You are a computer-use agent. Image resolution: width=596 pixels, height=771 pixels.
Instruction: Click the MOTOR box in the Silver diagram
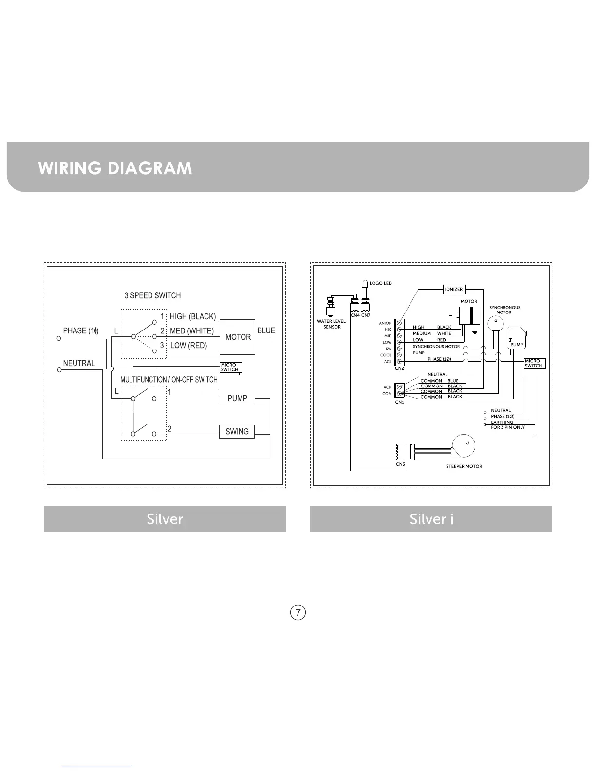(x=238, y=337)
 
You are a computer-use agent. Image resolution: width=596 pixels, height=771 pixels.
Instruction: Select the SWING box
(x=237, y=431)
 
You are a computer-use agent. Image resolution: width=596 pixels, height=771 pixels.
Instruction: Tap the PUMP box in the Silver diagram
(x=237, y=398)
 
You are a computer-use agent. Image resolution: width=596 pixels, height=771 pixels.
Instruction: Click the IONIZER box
(x=454, y=289)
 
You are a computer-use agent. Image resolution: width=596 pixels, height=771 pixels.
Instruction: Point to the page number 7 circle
(x=298, y=612)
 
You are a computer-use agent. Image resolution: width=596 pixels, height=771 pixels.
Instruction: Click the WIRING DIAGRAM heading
(x=115, y=168)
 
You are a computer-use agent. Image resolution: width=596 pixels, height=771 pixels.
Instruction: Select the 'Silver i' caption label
(x=431, y=519)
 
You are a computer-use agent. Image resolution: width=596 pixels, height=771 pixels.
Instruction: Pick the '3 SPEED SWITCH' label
(x=152, y=295)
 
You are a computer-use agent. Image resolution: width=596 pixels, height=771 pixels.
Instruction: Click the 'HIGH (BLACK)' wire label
(x=192, y=316)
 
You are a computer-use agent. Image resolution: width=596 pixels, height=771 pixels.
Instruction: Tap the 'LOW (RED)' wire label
(x=188, y=346)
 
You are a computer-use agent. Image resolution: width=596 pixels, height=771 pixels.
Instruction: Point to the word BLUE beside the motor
(x=266, y=330)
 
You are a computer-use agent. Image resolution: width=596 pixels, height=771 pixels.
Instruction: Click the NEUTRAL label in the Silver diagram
(x=79, y=363)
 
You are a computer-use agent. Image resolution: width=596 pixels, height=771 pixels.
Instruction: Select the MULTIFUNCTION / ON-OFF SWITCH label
(x=169, y=379)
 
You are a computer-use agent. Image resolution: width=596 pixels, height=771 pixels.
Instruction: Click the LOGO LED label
(x=381, y=283)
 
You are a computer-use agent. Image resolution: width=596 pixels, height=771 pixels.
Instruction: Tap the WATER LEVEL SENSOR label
(x=332, y=324)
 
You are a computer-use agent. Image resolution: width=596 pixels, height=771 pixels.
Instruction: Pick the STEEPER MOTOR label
(x=464, y=466)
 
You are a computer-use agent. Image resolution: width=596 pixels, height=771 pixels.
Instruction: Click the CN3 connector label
(x=400, y=464)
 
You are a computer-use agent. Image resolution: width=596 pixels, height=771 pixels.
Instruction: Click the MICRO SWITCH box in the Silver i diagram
(x=534, y=363)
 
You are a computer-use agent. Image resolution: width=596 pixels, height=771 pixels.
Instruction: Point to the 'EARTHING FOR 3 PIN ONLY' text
(x=507, y=425)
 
